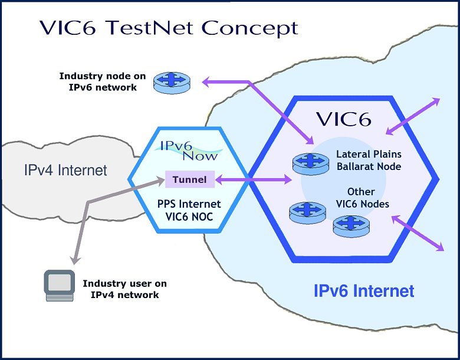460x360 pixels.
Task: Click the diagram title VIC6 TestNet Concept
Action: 168,28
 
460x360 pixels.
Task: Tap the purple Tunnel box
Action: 189,179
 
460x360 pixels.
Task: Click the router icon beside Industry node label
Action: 169,83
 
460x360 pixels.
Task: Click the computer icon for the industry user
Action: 60,286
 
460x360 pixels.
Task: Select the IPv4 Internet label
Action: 65,171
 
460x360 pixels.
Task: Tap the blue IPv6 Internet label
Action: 363,291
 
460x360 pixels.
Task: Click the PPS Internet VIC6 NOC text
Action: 189,210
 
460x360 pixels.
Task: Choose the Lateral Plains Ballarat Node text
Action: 369,160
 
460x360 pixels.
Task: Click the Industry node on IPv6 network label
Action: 98,82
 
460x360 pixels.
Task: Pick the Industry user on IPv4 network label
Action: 121,289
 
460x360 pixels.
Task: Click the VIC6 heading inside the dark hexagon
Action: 343,119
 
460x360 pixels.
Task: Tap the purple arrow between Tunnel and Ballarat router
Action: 253,179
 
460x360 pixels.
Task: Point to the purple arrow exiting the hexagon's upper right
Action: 413,115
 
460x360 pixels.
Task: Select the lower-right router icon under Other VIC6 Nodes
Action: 350,225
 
